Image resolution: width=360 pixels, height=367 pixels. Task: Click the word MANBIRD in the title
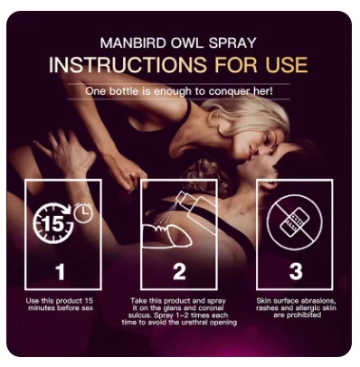pyautogui.click(x=133, y=42)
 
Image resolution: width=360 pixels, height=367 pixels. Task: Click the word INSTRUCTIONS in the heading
pyautogui.click(x=128, y=64)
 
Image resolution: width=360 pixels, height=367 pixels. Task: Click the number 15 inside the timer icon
pyautogui.click(x=52, y=223)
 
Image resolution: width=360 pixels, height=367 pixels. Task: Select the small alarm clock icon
pyautogui.click(x=83, y=212)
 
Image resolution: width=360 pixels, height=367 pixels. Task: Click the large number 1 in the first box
pyautogui.click(x=61, y=271)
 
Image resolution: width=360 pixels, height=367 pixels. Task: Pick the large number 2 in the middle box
pyautogui.click(x=179, y=271)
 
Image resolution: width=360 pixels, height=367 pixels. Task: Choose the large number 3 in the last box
pyautogui.click(x=296, y=271)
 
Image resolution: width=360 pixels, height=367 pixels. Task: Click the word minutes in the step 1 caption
pyautogui.click(x=42, y=308)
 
